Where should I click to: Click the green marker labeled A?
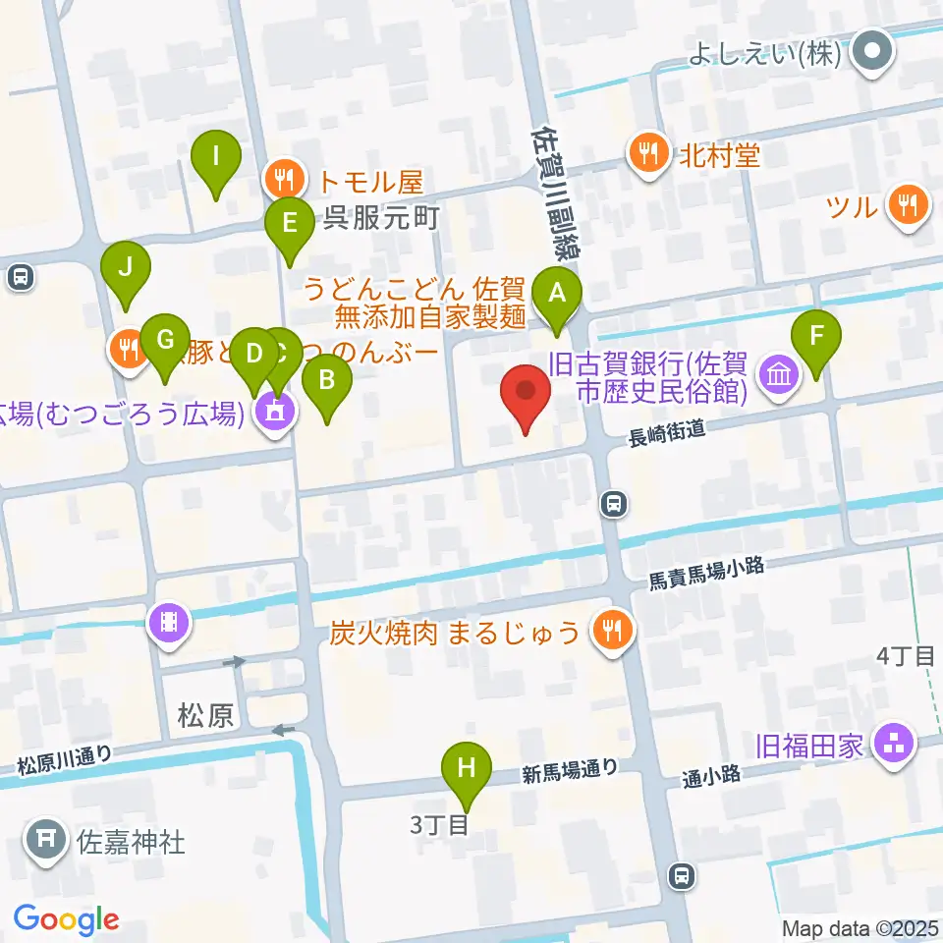pos(557,292)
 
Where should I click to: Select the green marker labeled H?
pos(467,766)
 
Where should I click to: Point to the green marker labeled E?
pos(289,222)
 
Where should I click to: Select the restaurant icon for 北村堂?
pos(647,153)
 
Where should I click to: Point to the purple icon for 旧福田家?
pos(894,743)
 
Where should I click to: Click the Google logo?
pos(67,919)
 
